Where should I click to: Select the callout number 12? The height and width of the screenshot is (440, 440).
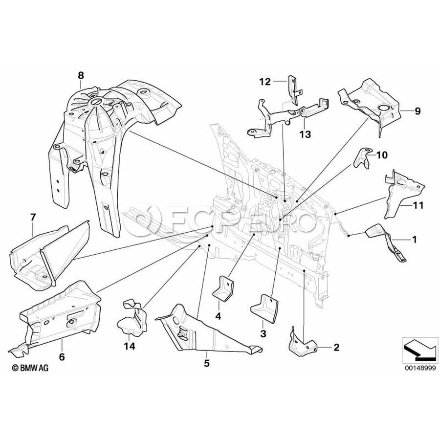(264, 82)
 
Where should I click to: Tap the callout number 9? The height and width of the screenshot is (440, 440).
(418, 111)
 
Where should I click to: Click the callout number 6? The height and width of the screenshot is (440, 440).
(62, 357)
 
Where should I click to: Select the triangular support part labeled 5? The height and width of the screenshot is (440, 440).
(200, 332)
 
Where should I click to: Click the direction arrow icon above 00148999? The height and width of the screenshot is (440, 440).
(418, 349)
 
